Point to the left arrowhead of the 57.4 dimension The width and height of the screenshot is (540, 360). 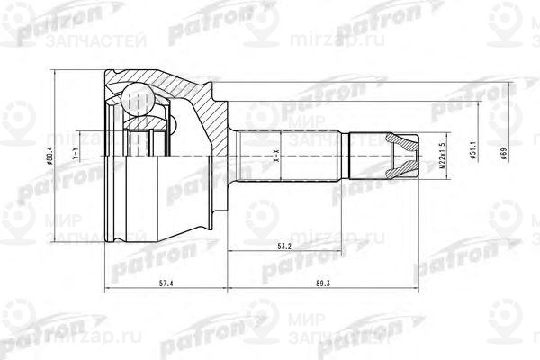(108, 290)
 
